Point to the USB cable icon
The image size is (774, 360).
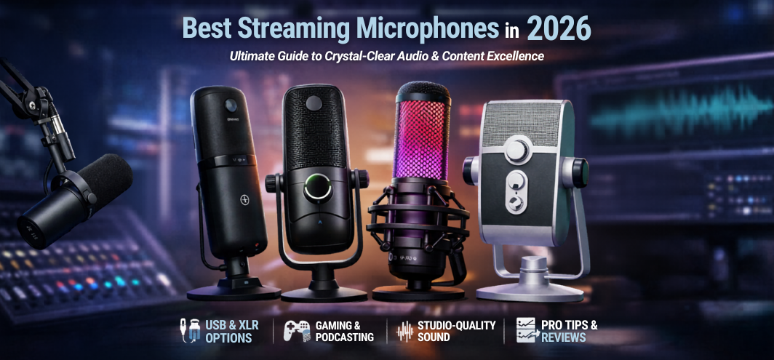coord(188,331)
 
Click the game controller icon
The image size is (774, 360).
coord(296,331)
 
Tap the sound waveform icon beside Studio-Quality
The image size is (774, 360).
coord(404,332)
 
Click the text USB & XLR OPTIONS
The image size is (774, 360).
coord(231,332)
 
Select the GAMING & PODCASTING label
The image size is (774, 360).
coord(344,332)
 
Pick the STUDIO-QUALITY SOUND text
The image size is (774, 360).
coord(456,332)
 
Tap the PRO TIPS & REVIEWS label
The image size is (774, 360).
coord(569,332)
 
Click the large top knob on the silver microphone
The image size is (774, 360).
coord(516,151)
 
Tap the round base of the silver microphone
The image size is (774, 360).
coord(530,289)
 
